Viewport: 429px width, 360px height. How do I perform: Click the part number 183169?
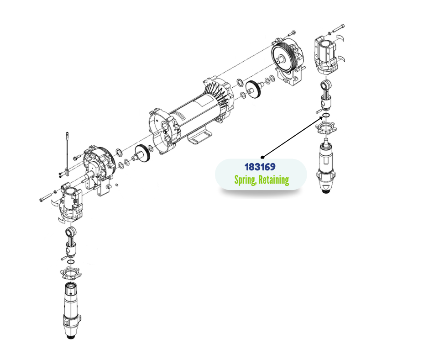pyautogui.click(x=260, y=167)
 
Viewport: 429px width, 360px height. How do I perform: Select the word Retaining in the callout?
pyautogui.click(x=273, y=180)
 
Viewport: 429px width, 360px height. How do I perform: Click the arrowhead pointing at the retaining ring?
pyautogui.click(x=321, y=118)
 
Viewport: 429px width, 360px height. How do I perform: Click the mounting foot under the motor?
pyautogui.click(x=200, y=137)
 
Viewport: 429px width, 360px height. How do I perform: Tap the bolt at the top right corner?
pyautogui.click(x=339, y=28)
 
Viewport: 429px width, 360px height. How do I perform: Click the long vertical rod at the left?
pyautogui.click(x=67, y=154)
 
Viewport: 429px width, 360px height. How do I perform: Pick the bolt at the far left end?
pyautogui.click(x=46, y=197)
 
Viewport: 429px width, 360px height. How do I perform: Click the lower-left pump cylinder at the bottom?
pyautogui.click(x=71, y=310)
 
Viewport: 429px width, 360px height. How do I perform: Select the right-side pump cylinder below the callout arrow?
pyautogui.click(x=326, y=165)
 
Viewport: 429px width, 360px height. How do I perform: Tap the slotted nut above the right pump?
pyautogui.click(x=326, y=128)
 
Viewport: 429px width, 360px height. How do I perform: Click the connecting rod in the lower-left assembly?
pyautogui.click(x=71, y=242)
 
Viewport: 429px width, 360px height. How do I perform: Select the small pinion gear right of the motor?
pyautogui.click(x=254, y=89)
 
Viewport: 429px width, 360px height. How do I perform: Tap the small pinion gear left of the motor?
pyautogui.click(x=142, y=154)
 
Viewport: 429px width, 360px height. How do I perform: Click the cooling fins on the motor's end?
pyautogui.click(x=218, y=93)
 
